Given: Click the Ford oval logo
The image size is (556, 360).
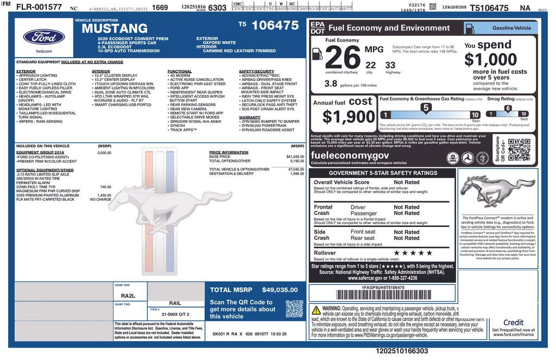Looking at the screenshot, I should [x=44, y=37].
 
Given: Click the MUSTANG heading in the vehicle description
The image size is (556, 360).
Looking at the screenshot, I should [x=115, y=29].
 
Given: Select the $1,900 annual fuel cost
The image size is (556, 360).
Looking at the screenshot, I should [x=349, y=116].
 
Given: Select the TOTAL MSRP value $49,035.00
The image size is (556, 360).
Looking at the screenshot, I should [x=280, y=290].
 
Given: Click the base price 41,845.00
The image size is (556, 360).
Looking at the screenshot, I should [x=295, y=156].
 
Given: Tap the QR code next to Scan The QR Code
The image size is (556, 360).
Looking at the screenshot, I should [x=294, y=308].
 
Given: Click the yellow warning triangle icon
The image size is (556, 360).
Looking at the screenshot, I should [x=315, y=310].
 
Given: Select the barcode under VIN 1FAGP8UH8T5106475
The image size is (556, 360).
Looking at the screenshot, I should [x=382, y=295].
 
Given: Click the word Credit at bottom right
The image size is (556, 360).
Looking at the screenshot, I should [x=513, y=323].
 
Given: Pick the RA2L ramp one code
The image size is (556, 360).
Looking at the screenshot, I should [x=128, y=296].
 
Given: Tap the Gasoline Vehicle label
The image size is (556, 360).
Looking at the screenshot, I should [x=511, y=28].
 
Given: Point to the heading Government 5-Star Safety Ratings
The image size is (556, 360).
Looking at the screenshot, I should [x=383, y=173].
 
